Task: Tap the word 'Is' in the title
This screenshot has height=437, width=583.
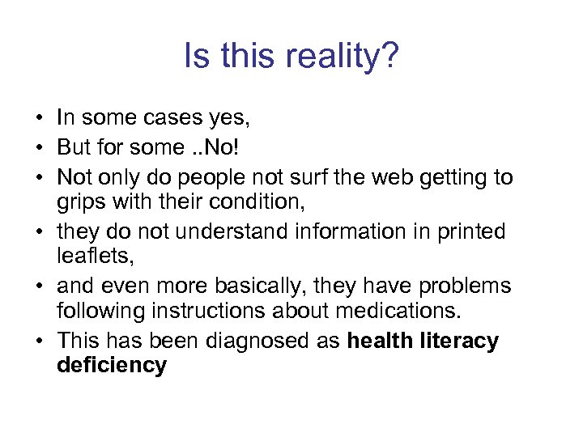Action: [195, 57]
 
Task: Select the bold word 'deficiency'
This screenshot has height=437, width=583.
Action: [112, 365]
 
